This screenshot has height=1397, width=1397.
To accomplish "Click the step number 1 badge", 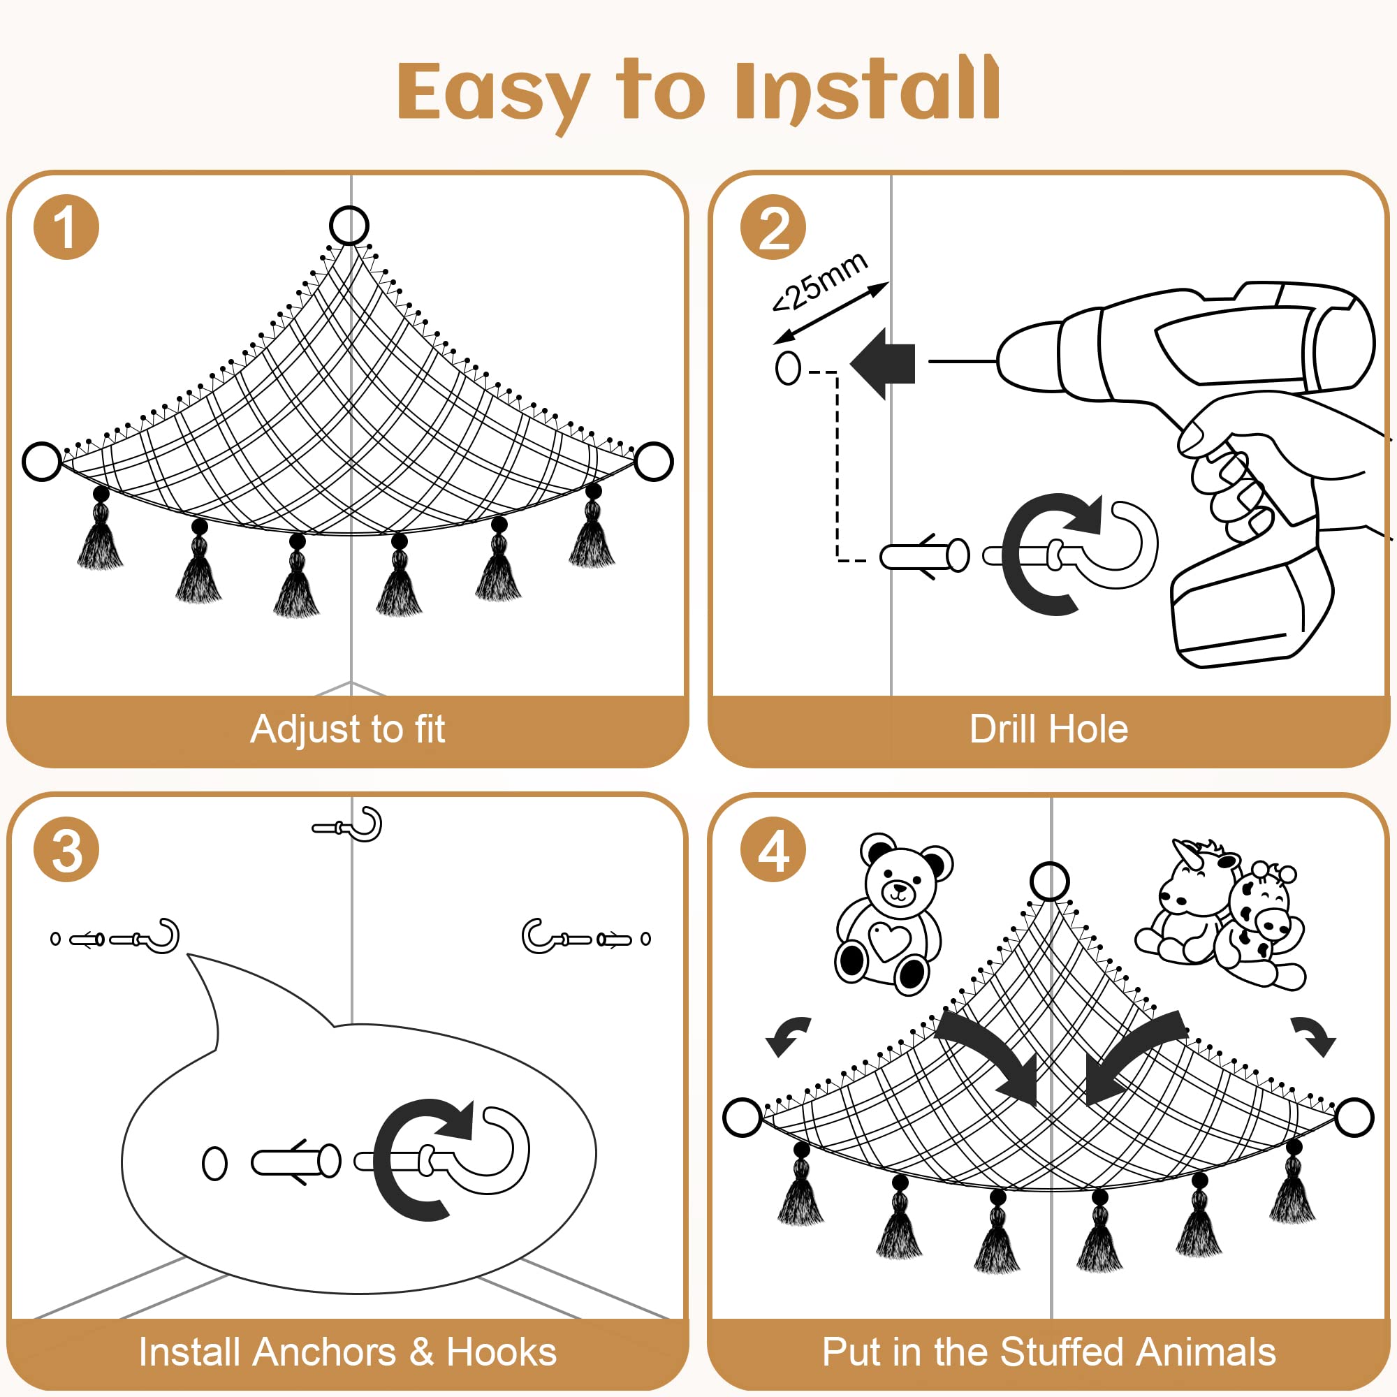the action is [66, 227].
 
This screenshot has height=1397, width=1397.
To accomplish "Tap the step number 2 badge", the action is [773, 227].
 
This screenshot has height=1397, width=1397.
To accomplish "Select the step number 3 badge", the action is [66, 849].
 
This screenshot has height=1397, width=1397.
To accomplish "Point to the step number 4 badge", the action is [773, 849].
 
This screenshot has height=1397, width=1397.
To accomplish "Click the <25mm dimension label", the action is [819, 281].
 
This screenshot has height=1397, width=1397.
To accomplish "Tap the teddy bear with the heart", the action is [893, 913].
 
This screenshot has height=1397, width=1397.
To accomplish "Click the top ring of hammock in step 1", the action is [349, 208].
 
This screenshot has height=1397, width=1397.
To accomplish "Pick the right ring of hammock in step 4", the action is [1373, 1118].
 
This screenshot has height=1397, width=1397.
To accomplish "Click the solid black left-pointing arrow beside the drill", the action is [883, 363].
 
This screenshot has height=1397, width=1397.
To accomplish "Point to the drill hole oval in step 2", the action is [788, 368].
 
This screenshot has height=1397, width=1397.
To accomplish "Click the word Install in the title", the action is [867, 90].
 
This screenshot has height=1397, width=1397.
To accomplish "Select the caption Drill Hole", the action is [1048, 729].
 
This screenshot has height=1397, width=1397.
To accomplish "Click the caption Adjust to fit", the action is [348, 729].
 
